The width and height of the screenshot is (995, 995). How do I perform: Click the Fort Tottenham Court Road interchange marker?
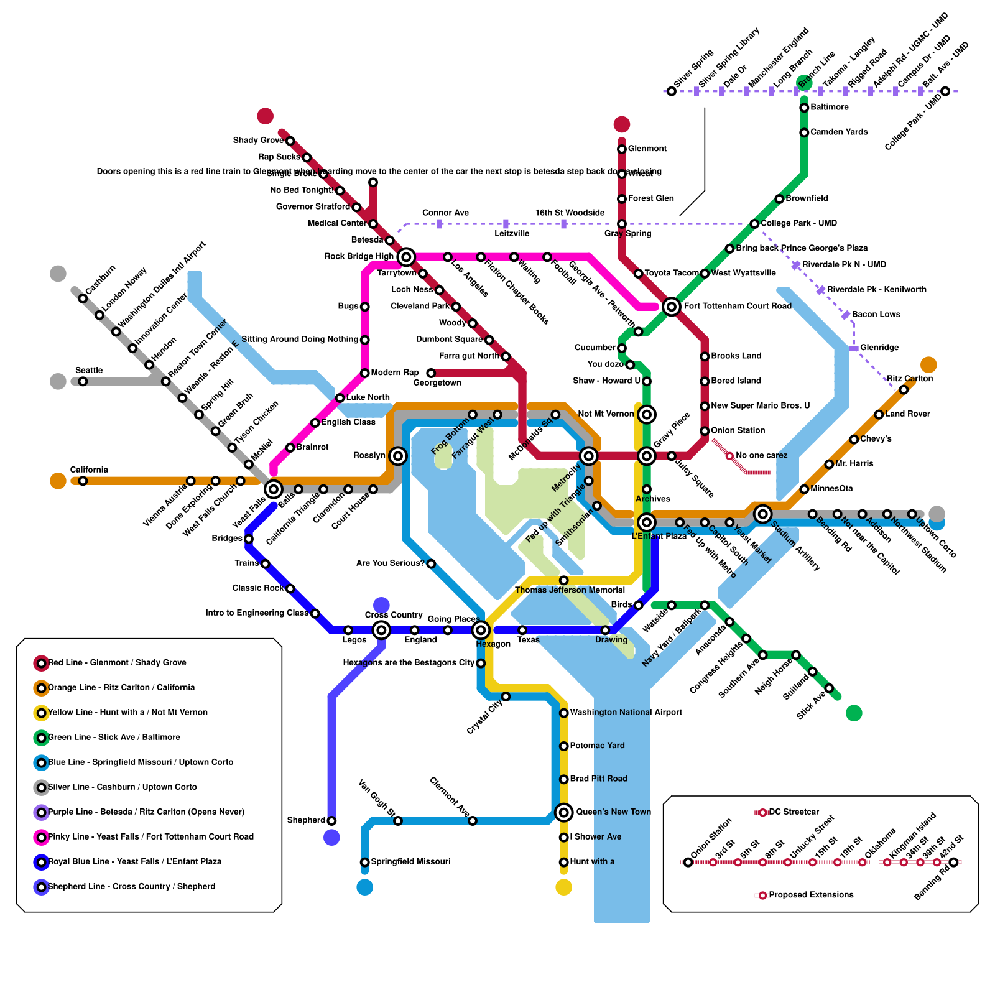(671, 306)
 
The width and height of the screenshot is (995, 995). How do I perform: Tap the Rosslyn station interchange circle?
(398, 456)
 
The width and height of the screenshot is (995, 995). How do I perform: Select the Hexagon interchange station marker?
(481, 630)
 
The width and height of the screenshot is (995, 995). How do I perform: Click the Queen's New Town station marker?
(563, 812)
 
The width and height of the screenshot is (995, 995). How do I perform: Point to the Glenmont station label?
(647, 149)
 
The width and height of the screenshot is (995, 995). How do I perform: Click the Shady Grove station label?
(258, 141)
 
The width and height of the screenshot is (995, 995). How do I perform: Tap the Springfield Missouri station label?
(410, 862)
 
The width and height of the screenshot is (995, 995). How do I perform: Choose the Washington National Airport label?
(626, 713)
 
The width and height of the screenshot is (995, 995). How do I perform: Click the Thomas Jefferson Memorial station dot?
(563, 580)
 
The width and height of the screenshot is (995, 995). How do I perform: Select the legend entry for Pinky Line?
(150, 837)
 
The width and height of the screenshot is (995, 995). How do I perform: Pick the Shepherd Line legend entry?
(131, 887)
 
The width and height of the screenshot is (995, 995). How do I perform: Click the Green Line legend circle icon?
(41, 738)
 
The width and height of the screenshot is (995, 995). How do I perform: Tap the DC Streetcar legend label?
(794, 812)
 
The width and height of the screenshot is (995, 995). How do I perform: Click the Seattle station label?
(88, 371)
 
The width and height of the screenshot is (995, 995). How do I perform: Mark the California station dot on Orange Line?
(83, 481)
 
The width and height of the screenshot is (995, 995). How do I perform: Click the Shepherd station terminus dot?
(331, 821)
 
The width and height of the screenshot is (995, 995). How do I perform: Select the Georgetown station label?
(437, 383)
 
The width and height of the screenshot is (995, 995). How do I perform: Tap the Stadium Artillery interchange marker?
(762, 514)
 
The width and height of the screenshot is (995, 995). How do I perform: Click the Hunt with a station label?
(591, 862)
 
